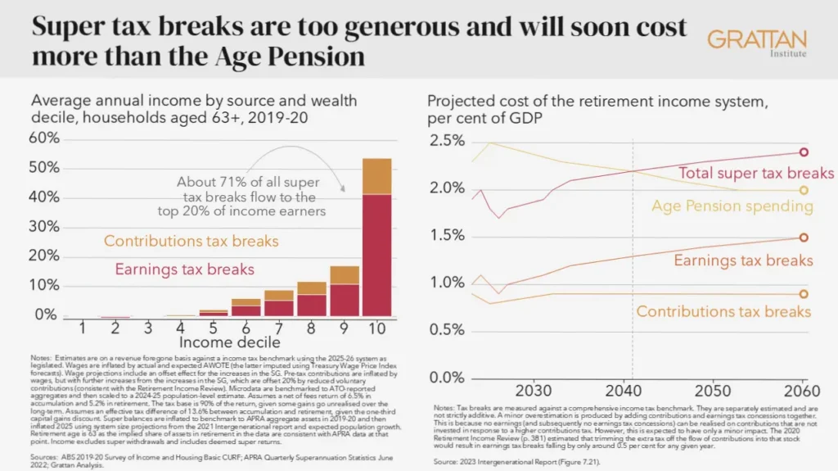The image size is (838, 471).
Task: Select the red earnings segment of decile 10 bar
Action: click(x=377, y=254)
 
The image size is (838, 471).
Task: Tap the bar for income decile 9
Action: click(x=345, y=291)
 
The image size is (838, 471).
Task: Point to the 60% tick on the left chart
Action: click(x=43, y=137)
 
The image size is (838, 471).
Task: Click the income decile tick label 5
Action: click(x=212, y=327)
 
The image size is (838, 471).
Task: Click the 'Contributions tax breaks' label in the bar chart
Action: click(x=191, y=242)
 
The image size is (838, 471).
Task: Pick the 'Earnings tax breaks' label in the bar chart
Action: click(x=184, y=269)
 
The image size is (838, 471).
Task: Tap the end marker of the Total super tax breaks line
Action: click(x=804, y=152)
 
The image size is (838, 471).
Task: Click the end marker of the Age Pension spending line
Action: click(x=804, y=190)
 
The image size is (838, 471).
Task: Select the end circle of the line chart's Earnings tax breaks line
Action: click(x=804, y=238)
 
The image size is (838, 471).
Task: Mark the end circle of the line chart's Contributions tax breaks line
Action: click(x=804, y=294)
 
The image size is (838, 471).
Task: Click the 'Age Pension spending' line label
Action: click(x=732, y=206)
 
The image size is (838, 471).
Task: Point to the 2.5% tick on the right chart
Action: click(x=447, y=141)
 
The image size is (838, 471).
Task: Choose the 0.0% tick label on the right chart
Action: click(x=447, y=378)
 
